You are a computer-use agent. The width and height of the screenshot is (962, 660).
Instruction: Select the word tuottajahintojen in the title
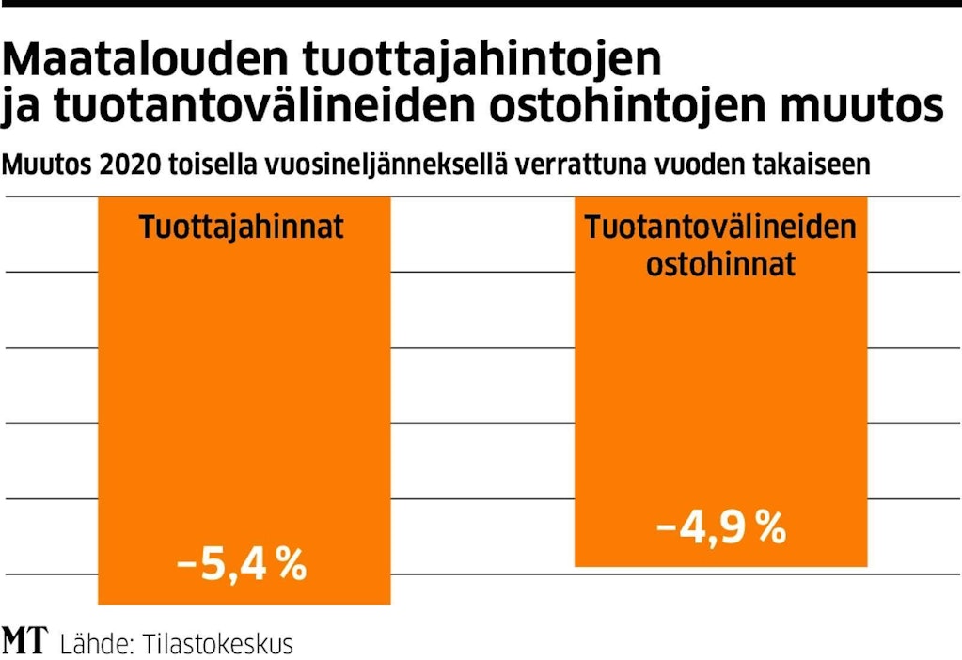click(x=482, y=62)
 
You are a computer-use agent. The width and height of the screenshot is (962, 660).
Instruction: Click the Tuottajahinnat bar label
click(x=243, y=228)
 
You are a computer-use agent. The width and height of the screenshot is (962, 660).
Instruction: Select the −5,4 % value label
click(x=243, y=566)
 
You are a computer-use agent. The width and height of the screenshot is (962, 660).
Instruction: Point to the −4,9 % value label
click(x=721, y=529)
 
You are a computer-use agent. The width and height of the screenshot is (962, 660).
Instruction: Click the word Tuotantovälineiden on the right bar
click(x=721, y=228)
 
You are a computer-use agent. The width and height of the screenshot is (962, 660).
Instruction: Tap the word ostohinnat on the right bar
click(x=721, y=264)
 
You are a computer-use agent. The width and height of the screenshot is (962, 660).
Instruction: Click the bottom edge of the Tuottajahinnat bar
click(x=244, y=603)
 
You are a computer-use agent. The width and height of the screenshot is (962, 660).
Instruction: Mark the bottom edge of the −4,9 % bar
click(x=720, y=566)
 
